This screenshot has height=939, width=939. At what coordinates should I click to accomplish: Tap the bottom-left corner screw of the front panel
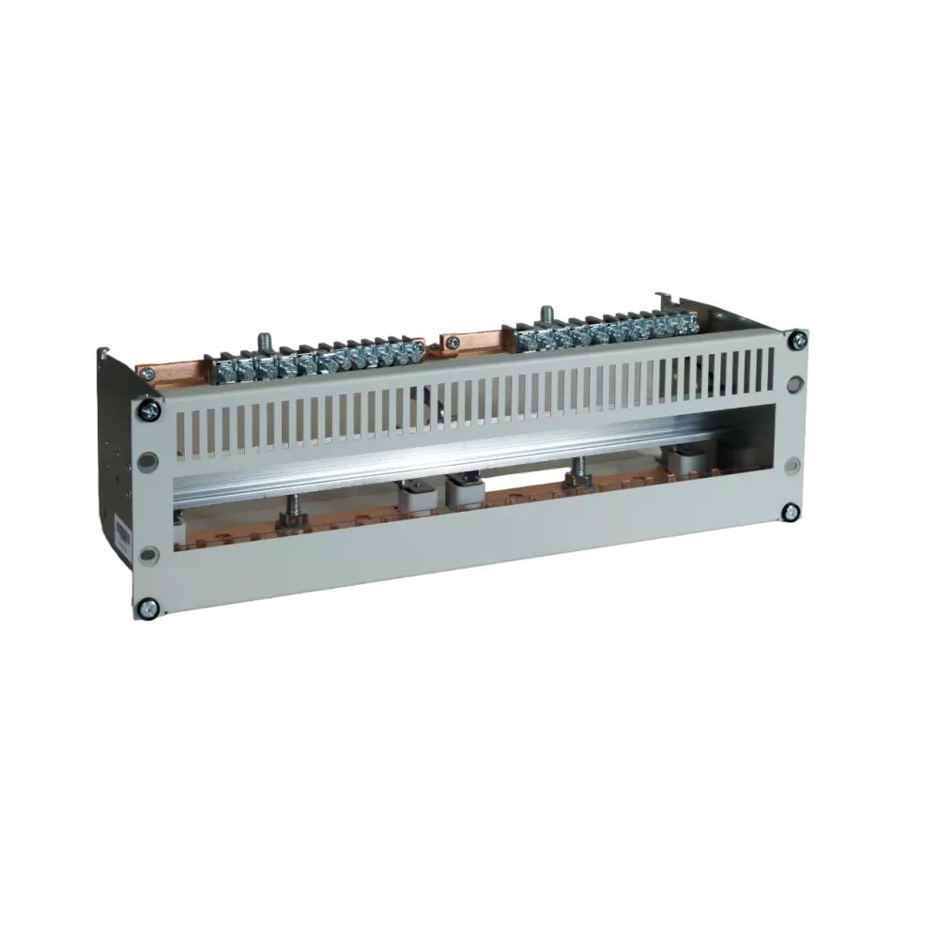146,608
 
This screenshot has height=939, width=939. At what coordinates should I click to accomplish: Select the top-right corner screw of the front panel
796,339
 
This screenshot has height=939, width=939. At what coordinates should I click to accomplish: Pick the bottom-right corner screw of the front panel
791,512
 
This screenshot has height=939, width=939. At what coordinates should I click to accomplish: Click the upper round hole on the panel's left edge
148,461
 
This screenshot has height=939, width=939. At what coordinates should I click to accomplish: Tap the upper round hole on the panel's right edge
795,384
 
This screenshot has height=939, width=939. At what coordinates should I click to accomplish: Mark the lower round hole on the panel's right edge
792,465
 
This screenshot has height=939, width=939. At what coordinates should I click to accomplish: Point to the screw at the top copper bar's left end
146,372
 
